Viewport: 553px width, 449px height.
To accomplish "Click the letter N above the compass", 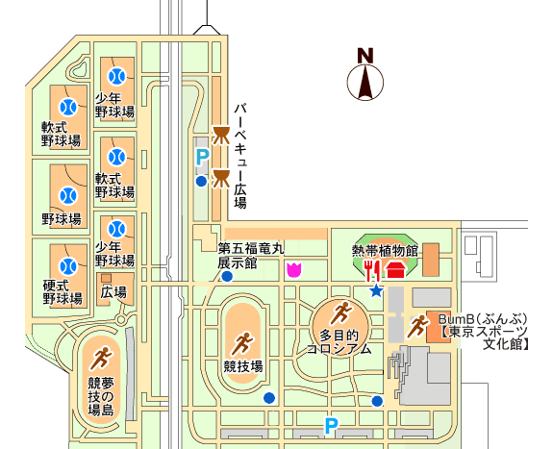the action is pos(365,56).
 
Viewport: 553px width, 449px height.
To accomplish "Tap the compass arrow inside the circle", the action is pos(365,82).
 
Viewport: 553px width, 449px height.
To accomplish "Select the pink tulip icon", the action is pos(294,270).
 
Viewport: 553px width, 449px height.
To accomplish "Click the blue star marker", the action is pos(376,290).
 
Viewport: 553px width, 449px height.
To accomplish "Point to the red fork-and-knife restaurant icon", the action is pos(372,270).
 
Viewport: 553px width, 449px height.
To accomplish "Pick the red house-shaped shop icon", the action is pos(395,270).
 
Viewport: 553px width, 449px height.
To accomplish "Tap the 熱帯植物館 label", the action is pos(385,251).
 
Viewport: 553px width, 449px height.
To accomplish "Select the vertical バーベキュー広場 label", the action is pos(240,156).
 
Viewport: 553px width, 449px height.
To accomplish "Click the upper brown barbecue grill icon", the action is pos(221,136).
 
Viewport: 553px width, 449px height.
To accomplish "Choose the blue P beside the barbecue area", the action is pos(202,158).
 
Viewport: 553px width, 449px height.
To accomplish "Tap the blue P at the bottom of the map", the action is pos(331,426).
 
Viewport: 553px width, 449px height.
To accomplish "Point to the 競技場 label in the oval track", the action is pos(243,367).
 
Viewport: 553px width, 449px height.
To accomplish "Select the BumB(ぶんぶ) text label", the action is pos(483,319).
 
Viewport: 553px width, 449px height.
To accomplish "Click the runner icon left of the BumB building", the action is pos(417,327).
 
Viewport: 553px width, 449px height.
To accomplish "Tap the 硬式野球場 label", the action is pos(63,291).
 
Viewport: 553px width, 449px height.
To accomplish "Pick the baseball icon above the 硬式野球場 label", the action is pos(68,266).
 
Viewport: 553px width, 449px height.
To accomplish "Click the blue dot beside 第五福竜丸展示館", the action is pos(226,277).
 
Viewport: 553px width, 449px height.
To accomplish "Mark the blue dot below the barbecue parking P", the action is pos(201,182).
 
